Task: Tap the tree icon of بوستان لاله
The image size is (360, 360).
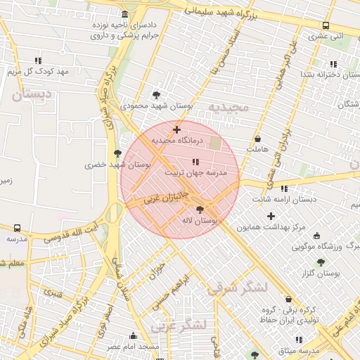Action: coord(200,210)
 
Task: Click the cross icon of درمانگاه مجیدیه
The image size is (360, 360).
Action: coord(176,129)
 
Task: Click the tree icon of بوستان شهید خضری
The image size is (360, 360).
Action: coord(117,153)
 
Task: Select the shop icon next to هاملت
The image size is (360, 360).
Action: coord(257,139)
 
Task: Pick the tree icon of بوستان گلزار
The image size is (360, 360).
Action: coord(321,262)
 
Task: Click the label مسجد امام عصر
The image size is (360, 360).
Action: coord(133,347)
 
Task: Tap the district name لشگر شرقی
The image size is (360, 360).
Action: coord(235,288)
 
